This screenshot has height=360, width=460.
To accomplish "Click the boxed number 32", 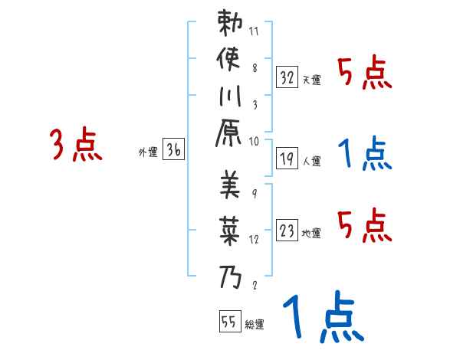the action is click(x=287, y=77).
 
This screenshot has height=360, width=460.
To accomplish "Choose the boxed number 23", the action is click(x=287, y=230).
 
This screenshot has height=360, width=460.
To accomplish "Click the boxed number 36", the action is click(x=173, y=150).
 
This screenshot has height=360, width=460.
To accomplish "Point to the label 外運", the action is click(x=147, y=152).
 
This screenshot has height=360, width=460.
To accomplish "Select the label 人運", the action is click(x=312, y=162).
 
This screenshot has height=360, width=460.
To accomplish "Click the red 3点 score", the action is click(x=76, y=145).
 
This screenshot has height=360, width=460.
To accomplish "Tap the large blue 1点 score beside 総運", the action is click(x=321, y=318).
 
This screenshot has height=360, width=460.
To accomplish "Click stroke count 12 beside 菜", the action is click(x=254, y=239).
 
